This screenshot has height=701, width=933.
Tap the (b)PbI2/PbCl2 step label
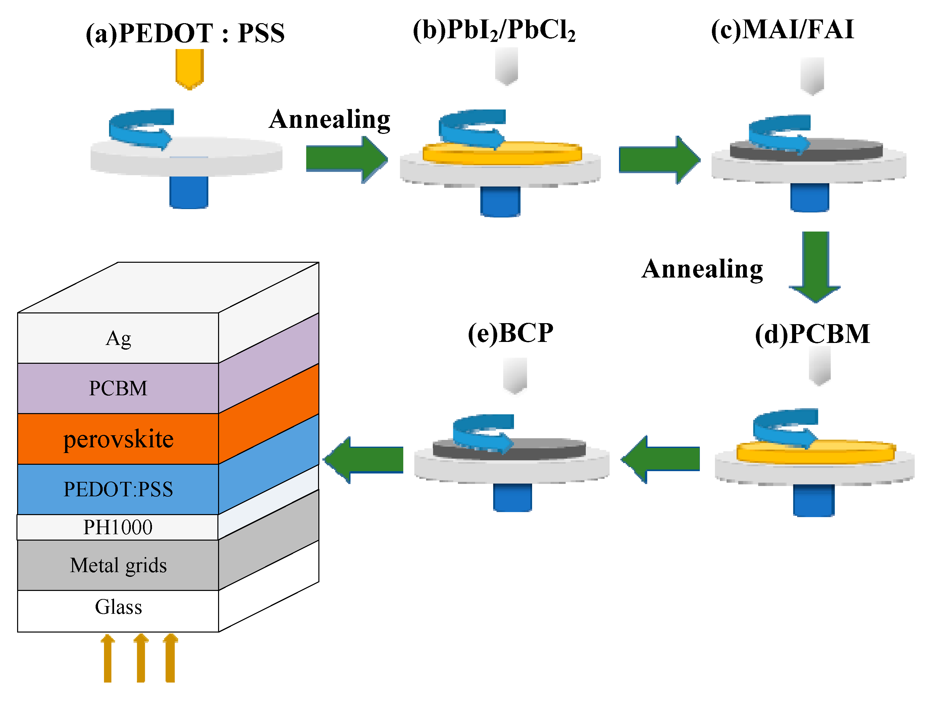point(494,30)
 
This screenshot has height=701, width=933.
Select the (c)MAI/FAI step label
point(782,30)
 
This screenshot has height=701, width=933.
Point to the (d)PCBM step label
point(812,334)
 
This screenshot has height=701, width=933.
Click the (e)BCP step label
point(510,333)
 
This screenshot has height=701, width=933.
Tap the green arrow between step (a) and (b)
point(346,159)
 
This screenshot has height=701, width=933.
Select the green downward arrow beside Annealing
point(815,266)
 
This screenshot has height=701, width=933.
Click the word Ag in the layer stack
point(118,339)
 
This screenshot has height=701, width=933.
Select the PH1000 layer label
point(118,527)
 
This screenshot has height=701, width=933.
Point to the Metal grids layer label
point(118,565)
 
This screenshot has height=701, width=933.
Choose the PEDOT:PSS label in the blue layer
point(118,489)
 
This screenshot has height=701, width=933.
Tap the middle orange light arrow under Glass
point(141,658)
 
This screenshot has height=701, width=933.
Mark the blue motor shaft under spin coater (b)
point(500,202)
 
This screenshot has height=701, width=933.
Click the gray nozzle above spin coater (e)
point(515,374)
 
